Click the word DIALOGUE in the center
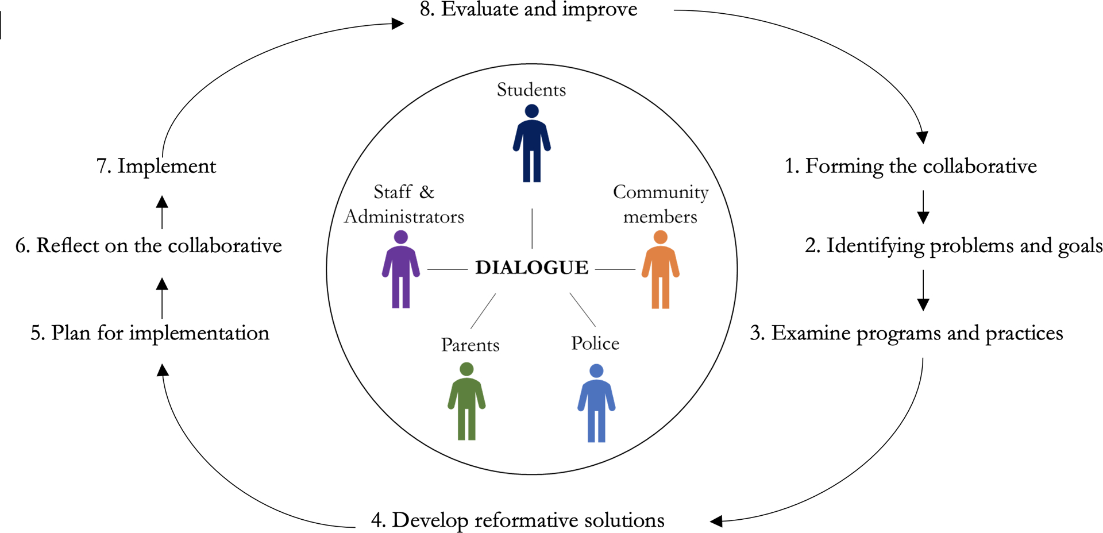coord(531,268)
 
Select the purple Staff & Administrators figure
coord(400,270)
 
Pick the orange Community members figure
coord(660,270)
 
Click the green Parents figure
coord(466,402)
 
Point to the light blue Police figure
coord(596,404)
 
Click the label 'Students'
coord(531,90)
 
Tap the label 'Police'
coord(595,343)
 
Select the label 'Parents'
coord(470,345)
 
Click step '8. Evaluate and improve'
coord(529,10)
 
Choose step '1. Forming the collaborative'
coord(911,166)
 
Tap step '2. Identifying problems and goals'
coord(953,246)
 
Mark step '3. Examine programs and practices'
coord(907,333)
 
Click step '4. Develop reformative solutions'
coord(518,520)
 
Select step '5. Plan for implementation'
coord(150,333)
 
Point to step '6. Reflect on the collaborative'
coord(149,246)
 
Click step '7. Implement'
coord(156,166)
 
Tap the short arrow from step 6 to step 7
coord(163,213)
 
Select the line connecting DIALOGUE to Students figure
coord(532,228)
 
